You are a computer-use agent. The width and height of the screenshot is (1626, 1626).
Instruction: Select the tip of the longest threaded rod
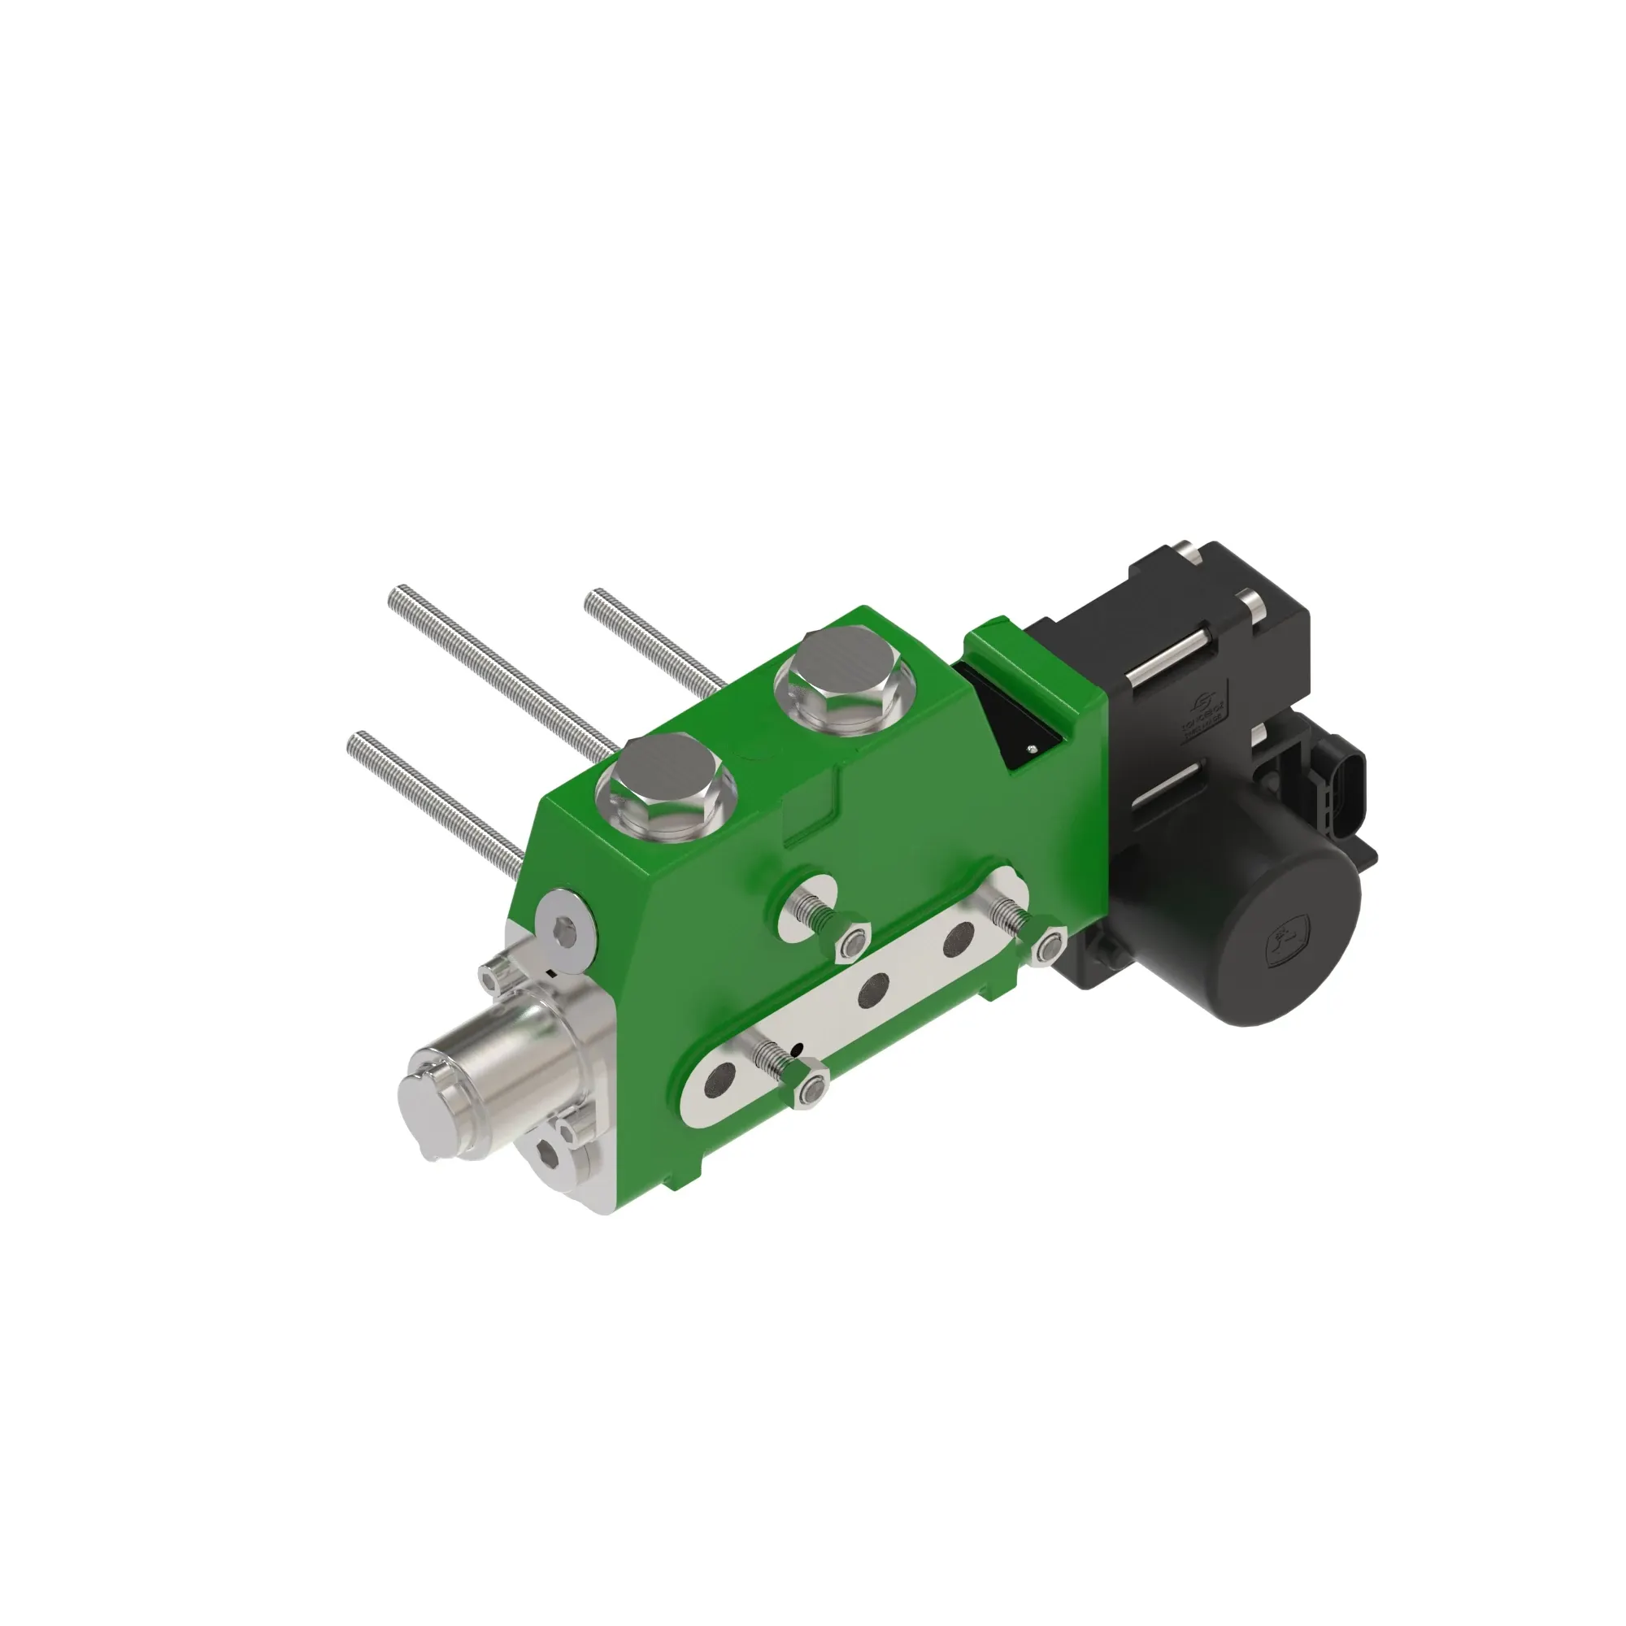396,595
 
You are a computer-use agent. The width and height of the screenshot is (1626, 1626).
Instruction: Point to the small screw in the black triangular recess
1032,747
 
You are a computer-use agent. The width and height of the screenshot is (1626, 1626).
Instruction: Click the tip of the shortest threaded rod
592,600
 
